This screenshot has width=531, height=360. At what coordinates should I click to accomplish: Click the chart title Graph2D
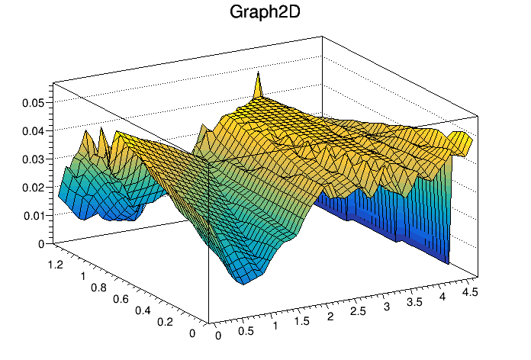coord(265,13)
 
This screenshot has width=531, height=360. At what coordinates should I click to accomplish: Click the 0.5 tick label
coord(246,331)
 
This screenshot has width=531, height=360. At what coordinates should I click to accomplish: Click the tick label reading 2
coord(330,317)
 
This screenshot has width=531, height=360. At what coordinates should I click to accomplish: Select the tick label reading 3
coord(387,307)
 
